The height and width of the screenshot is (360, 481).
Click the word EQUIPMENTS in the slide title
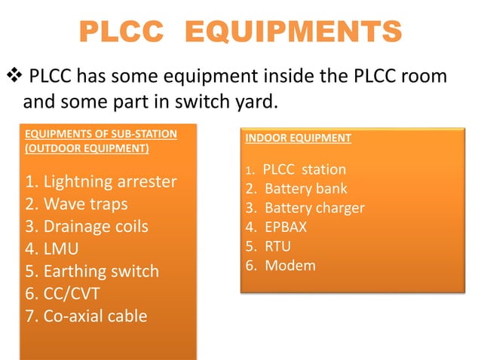(x=293, y=33)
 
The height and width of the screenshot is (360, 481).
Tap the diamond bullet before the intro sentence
(x=13, y=77)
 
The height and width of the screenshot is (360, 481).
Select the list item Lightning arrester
(x=101, y=182)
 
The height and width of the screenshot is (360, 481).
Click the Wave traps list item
(x=76, y=204)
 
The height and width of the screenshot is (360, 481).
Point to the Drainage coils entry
(x=87, y=227)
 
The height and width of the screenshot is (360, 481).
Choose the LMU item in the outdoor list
(x=53, y=249)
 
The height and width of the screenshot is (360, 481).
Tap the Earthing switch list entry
(x=92, y=270)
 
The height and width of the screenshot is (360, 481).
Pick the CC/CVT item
(x=63, y=293)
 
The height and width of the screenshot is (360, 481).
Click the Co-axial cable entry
(x=86, y=315)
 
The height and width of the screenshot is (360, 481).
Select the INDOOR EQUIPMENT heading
(x=298, y=139)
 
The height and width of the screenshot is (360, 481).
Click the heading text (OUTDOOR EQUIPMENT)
(x=87, y=148)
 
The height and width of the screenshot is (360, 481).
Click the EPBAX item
(x=287, y=227)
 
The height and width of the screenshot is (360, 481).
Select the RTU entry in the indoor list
(x=278, y=246)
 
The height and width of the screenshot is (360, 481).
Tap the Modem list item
(x=290, y=265)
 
